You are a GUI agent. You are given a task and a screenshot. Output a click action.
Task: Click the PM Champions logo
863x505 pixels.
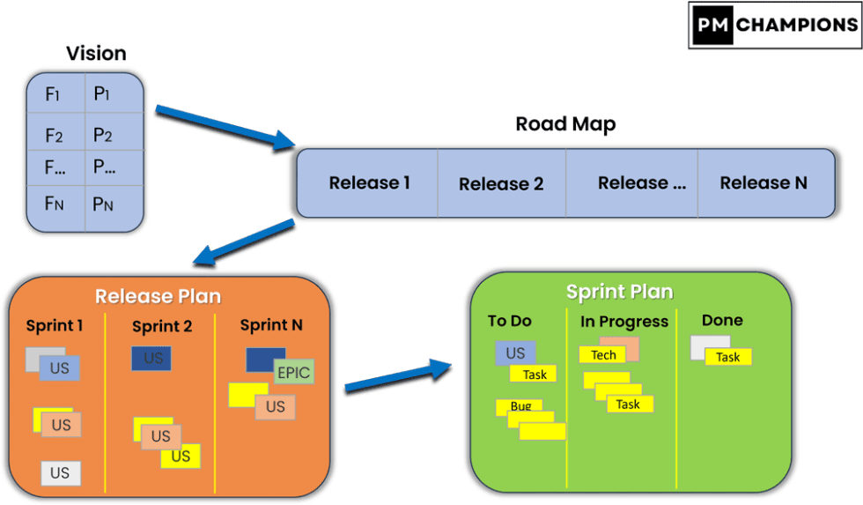point(773,25)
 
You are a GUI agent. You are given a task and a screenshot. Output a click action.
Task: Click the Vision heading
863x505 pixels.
point(96,54)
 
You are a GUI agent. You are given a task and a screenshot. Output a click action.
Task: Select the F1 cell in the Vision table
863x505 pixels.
point(54,93)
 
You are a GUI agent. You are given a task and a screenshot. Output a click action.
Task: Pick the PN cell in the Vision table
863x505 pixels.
point(103,204)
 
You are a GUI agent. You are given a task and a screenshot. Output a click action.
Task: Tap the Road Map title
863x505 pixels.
point(565,124)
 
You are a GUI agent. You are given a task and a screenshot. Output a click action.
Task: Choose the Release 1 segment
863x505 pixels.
point(369,183)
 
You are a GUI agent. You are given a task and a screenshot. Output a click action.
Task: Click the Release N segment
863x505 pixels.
point(763,183)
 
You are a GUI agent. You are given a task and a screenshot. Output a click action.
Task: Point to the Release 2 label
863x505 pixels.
point(501,184)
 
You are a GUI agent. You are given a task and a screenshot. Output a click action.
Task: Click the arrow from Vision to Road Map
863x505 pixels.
point(225,126)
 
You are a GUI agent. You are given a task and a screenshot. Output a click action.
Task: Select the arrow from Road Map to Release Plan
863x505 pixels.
point(245,241)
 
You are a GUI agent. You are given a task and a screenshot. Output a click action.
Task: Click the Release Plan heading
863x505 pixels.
point(158,296)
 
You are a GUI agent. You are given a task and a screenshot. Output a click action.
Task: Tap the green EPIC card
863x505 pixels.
point(294,372)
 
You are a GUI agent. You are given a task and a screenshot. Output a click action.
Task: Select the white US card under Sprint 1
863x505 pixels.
point(60,473)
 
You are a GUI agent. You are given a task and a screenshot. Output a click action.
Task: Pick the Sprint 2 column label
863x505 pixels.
point(162,327)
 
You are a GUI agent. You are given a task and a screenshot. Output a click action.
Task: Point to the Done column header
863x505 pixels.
point(722,321)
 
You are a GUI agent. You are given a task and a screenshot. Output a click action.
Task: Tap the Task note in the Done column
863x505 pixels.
point(728,357)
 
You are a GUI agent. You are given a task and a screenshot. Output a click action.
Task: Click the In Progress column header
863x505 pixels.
point(624,322)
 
